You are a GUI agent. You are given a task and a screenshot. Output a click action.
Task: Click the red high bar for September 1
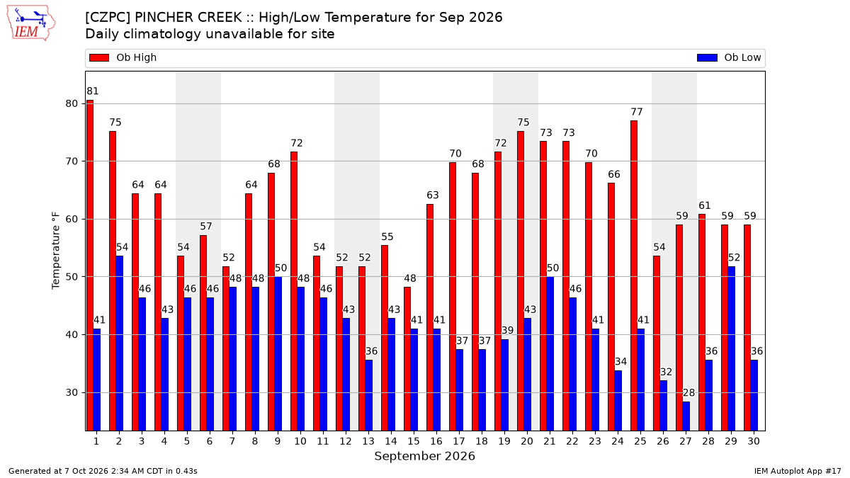click(x=90, y=266)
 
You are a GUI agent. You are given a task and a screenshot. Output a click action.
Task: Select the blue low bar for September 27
click(x=686, y=416)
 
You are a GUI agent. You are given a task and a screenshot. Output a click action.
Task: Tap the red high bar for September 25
click(x=634, y=275)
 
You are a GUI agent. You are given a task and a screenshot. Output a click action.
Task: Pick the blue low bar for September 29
click(x=731, y=348)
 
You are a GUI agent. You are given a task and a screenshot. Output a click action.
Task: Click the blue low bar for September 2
click(x=120, y=343)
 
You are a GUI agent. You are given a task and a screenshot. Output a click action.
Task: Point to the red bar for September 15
click(x=407, y=359)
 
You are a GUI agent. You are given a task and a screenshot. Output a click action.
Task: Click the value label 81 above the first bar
click(x=93, y=91)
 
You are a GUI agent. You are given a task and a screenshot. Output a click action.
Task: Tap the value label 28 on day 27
click(x=688, y=392)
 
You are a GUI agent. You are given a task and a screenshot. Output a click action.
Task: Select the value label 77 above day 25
click(x=637, y=112)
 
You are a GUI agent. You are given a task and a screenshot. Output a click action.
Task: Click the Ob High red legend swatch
click(x=99, y=57)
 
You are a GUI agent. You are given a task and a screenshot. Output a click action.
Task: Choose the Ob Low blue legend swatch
click(x=707, y=57)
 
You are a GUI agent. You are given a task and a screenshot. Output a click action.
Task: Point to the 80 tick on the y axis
click(x=72, y=103)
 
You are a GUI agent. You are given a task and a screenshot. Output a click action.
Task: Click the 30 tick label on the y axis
click(x=72, y=392)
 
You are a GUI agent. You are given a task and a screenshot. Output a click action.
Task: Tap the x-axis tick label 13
click(x=368, y=442)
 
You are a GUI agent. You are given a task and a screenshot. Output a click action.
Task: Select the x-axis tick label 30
click(x=754, y=442)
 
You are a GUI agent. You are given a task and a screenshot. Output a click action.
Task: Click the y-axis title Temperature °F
click(x=56, y=251)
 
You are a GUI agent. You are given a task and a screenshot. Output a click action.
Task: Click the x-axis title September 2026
click(x=424, y=456)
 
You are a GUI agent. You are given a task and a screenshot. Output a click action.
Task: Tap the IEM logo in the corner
click(x=31, y=23)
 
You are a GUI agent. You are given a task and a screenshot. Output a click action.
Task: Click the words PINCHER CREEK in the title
click(x=188, y=18)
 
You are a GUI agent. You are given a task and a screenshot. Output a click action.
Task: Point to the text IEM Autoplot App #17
click(x=798, y=471)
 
